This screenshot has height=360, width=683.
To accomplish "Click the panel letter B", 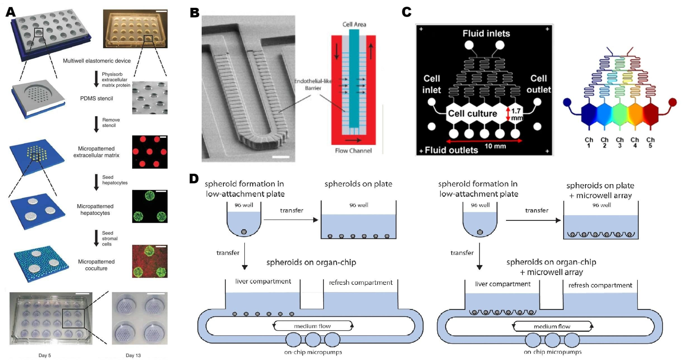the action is coord(195,12).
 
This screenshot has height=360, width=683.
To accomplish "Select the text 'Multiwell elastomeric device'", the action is coord(97,61).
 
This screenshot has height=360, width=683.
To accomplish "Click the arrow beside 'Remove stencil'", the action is coord(96,124).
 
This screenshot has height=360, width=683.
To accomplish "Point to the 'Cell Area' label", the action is coord(354,24).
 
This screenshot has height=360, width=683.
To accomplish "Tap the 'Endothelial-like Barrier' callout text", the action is coord(313,84).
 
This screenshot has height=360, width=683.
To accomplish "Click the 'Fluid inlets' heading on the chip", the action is coord(486,33).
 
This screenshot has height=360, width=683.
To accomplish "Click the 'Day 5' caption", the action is coord(45,355).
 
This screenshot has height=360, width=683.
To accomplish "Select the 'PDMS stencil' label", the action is coord(96,98).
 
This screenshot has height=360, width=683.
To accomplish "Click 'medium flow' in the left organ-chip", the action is coord(312,326).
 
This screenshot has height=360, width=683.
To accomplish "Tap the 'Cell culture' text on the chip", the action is coord(472,113).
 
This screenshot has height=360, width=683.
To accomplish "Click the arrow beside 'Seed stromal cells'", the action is coord(96,238).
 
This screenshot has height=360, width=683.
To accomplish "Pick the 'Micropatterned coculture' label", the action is coord(96,265).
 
